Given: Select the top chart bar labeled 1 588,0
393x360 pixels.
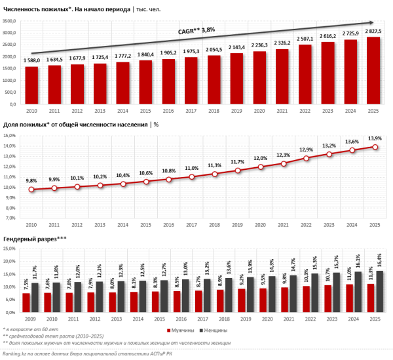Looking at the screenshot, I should pyautogui.click(x=31, y=85).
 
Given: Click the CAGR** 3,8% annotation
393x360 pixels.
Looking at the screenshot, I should pyautogui.click(x=196, y=30).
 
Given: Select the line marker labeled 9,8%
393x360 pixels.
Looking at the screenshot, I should pyautogui.click(x=31, y=190).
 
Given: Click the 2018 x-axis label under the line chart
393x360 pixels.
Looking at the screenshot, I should pyautogui.click(x=214, y=225).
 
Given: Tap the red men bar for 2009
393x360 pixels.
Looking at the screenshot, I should pyautogui.click(x=26, y=302).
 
